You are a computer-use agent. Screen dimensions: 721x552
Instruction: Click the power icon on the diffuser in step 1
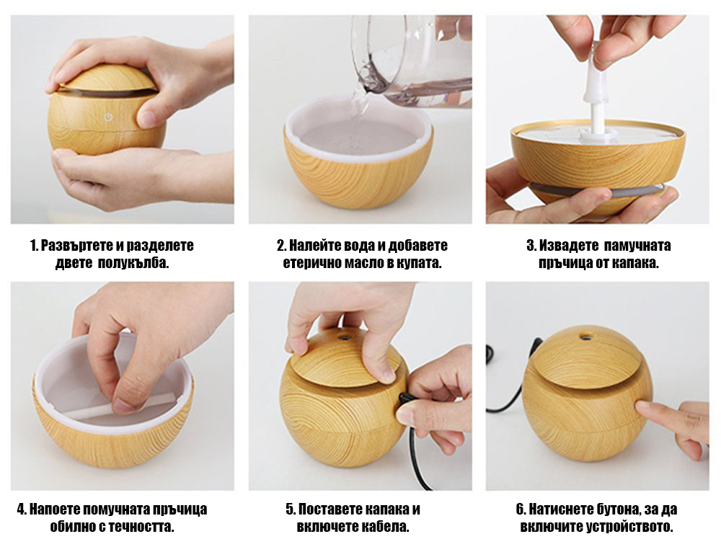point(108,117)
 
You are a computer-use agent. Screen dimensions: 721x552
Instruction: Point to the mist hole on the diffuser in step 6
point(585,337)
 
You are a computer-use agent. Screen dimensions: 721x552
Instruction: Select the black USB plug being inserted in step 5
point(405,399)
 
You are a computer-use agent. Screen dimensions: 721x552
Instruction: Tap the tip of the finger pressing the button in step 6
point(638,405)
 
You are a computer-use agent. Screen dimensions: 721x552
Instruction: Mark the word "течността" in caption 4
point(141,527)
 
